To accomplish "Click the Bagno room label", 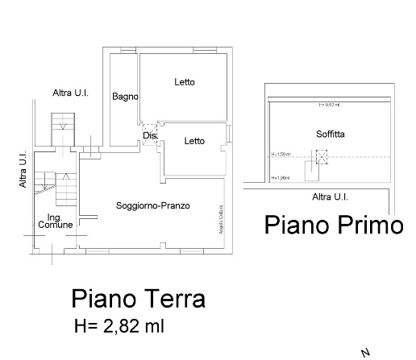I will (125, 97).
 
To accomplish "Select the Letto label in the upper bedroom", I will (185, 82).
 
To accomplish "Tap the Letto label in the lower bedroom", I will (194, 142).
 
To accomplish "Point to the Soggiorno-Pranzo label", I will (153, 206).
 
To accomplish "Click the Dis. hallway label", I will (149, 135).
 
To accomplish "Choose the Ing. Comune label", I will (55, 221).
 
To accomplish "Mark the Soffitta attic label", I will (331, 134).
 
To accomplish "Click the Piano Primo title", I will (333, 226).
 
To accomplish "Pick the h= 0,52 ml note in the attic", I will (329, 105).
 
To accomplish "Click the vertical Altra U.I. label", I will (23, 172).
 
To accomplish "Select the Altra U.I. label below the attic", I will (330, 197).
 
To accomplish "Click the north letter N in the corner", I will (366, 352).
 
